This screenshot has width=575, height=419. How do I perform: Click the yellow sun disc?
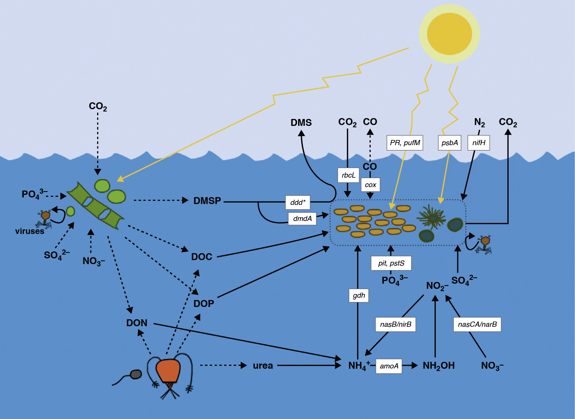click(449, 34)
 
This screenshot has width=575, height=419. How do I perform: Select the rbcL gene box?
click(348, 175)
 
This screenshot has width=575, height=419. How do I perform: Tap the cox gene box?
click(370, 185)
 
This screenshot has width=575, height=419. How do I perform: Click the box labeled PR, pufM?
click(405, 143)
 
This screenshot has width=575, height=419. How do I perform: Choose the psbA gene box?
click(449, 143)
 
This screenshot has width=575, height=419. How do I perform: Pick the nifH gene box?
click(478, 143)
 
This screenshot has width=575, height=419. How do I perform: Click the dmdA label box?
click(302, 219)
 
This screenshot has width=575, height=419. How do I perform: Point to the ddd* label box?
click(298, 202)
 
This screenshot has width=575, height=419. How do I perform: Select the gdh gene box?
click(359, 295)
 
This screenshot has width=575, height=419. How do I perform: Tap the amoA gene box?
click(389, 366)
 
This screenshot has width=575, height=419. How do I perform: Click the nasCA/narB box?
click(477, 324)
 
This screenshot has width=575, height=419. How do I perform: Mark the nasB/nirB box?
click(395, 324)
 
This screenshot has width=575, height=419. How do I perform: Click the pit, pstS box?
click(391, 263)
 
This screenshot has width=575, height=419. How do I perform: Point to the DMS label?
click(301, 123)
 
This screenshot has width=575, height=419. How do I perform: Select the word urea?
click(263, 366)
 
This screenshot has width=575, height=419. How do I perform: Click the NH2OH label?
click(439, 366)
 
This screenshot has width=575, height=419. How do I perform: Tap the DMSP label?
click(207, 201)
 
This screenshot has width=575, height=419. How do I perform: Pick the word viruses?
click(30, 231)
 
